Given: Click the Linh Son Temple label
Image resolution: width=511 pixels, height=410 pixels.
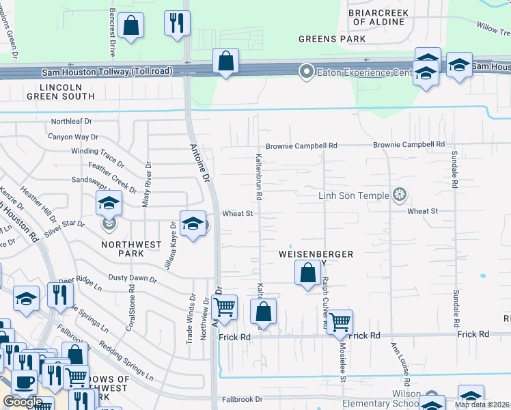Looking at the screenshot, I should pyautogui.click(x=353, y=195).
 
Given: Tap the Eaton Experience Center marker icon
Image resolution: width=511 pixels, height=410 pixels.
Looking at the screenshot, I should pyautogui.click(x=307, y=70).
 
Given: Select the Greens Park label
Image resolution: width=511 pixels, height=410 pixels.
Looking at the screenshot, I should pyautogui.click(x=332, y=39).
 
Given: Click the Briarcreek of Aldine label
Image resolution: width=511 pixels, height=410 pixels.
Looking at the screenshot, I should pyautogui.click(x=378, y=17).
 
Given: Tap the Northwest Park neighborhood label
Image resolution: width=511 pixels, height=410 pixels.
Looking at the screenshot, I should pyautogui.click(x=131, y=249).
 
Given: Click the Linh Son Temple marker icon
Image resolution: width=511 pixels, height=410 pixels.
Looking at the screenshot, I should pyautogui.click(x=400, y=195).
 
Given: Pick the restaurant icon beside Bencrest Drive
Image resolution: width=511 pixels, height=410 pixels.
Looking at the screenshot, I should pyautogui.click(x=177, y=22).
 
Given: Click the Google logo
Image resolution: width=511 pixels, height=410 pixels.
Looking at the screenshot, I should pyautogui.click(x=23, y=402).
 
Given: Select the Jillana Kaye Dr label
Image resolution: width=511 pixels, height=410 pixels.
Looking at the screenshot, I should pyautogui.click(x=167, y=248).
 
